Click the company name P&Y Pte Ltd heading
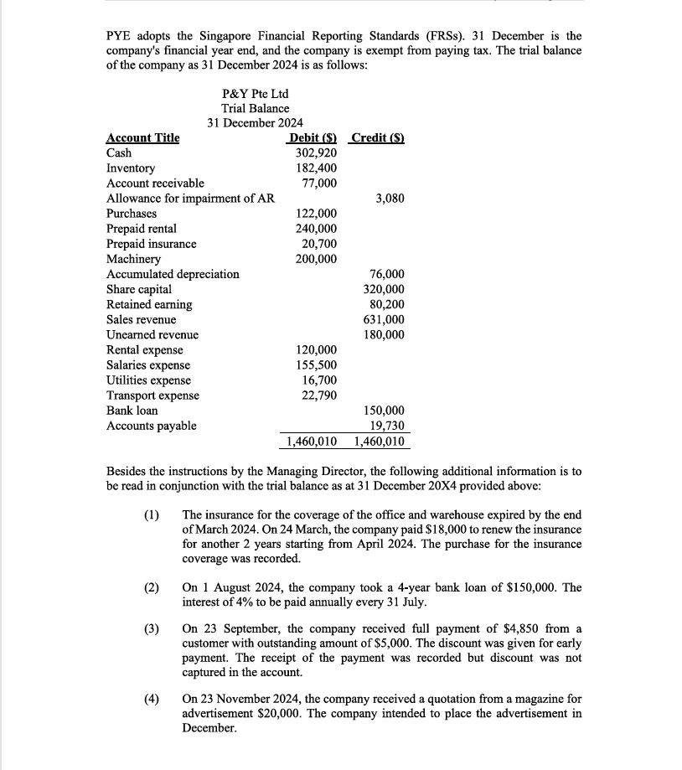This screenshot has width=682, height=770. tap(255, 93)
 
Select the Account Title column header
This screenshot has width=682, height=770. tap(143, 138)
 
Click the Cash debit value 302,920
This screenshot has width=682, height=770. tap(317, 153)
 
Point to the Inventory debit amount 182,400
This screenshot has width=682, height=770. tap(317, 168)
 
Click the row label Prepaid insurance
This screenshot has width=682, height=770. tap(152, 244)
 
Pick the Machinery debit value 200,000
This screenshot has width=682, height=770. tap(317, 259)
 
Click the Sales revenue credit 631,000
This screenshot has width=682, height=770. tap(384, 319)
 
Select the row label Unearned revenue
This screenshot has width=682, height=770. tap(152, 334)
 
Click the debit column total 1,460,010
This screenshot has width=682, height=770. tap(312, 442)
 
